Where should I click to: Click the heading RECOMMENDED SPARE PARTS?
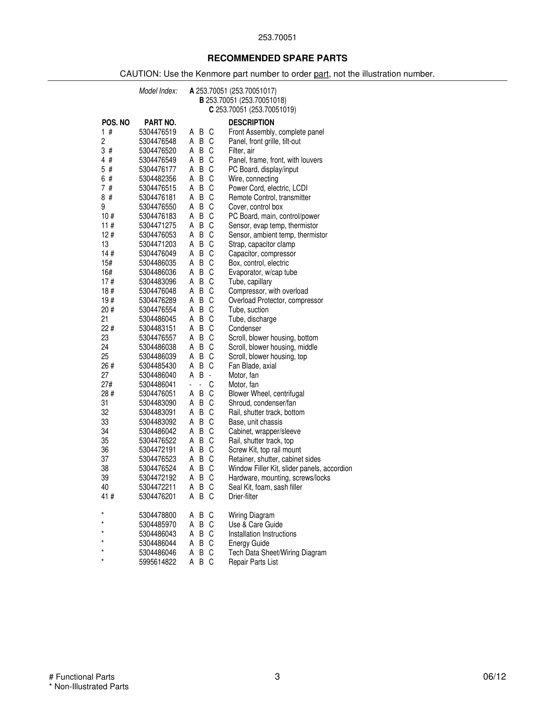[x=277, y=59]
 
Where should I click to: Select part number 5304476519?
[x=157, y=132]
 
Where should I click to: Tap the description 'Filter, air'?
[x=241, y=151]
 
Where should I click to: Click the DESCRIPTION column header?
[x=251, y=123]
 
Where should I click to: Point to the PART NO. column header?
[x=160, y=123]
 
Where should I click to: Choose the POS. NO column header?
[x=115, y=123]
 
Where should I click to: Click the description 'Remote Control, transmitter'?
[x=269, y=197]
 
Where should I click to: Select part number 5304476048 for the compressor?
[x=157, y=291]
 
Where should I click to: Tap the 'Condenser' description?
[x=245, y=328]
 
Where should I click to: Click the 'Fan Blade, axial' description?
[x=252, y=366]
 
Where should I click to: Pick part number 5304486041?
[x=157, y=384]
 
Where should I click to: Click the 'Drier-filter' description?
[x=243, y=496]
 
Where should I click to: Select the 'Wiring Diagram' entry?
[x=251, y=515]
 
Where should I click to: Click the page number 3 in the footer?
[x=277, y=677]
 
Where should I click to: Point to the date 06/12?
[x=494, y=677]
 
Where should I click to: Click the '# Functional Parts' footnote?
[x=82, y=677]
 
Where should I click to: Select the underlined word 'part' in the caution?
[x=321, y=74]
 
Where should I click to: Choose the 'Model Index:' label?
[x=158, y=91]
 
